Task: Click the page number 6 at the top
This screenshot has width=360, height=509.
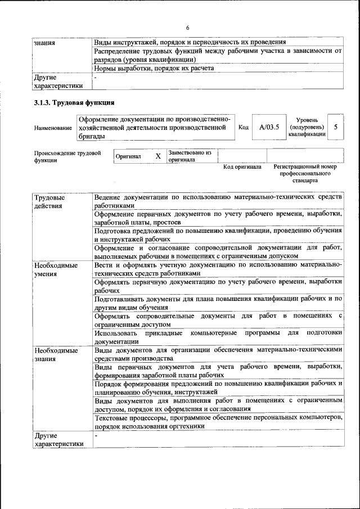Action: click(188, 28)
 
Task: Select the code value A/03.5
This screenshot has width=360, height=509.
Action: click(269, 127)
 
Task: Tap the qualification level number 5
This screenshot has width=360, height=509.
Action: click(335, 127)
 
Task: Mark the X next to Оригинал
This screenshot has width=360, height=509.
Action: click(158, 156)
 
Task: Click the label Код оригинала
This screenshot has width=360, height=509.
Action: click(242, 167)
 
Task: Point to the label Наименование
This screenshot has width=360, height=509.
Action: click(53, 128)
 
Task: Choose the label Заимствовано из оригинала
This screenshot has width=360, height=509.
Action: click(190, 156)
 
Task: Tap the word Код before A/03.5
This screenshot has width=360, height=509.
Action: click(244, 128)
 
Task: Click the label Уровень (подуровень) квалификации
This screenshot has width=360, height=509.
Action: click(307, 127)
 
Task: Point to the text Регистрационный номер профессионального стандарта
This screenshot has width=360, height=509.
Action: click(305, 174)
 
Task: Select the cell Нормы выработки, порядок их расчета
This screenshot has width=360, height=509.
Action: click(154, 69)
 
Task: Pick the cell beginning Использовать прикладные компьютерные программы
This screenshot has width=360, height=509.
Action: click(218, 336)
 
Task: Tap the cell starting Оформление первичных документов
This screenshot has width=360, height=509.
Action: click(218, 218)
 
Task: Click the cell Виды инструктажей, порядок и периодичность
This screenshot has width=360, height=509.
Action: click(190, 42)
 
